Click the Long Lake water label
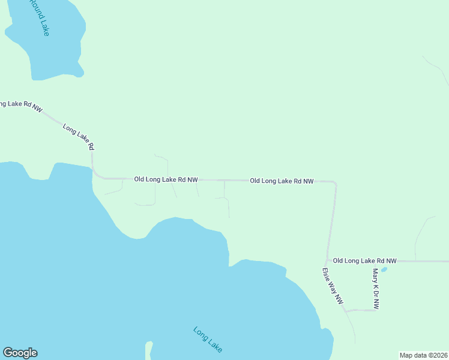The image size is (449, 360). (208, 339)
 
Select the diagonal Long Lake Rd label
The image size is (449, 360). (79, 137)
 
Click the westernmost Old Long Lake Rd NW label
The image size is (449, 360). (166, 179)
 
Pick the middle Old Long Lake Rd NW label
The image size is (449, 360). (282, 181)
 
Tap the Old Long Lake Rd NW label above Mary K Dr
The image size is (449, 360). (364, 261)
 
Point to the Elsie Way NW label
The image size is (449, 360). (333, 285)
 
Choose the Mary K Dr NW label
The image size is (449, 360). (376, 289)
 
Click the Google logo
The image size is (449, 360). (20, 353)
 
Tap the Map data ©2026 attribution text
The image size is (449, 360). (423, 355)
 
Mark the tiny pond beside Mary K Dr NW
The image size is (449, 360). (384, 269)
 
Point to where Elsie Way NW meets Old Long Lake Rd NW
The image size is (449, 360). (327, 261)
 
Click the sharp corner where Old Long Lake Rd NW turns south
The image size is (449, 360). (335, 182)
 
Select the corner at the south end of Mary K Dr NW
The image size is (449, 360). (375, 310)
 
